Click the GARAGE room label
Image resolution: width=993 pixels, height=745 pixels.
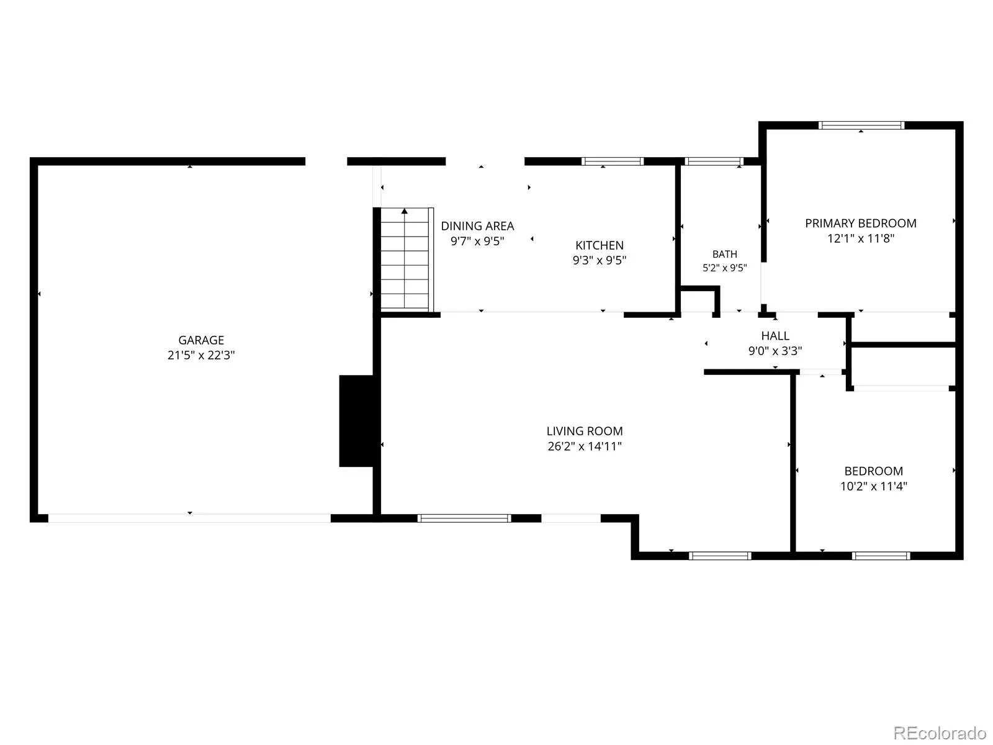pyautogui.click(x=201, y=340)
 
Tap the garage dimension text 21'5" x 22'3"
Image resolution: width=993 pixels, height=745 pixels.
pyautogui.click(x=201, y=355)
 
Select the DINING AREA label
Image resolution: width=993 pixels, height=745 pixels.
pyautogui.click(x=477, y=226)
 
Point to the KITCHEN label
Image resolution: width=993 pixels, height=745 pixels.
pyautogui.click(x=599, y=245)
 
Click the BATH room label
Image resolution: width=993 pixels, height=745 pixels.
pyautogui.click(x=724, y=254)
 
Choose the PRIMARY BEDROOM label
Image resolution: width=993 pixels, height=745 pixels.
pyautogui.click(x=860, y=223)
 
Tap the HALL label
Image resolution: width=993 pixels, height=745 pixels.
pyautogui.click(x=775, y=336)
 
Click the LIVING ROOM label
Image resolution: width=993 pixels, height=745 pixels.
pyautogui.click(x=585, y=431)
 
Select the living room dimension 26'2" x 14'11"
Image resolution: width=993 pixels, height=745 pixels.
pyautogui.click(x=585, y=446)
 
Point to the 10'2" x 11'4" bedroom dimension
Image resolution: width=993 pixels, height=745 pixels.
pyautogui.click(x=874, y=486)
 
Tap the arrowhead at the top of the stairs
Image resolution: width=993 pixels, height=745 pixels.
pyautogui.click(x=405, y=211)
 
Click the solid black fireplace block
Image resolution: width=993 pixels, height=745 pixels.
pyautogui.click(x=356, y=421)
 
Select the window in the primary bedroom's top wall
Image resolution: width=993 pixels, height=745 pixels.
pyautogui.click(x=861, y=125)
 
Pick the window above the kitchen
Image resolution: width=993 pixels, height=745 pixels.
pyautogui.click(x=612, y=161)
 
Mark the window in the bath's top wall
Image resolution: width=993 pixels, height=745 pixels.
pyautogui.click(x=714, y=161)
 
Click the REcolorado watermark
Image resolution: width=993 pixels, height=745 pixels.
pyautogui.click(x=940, y=733)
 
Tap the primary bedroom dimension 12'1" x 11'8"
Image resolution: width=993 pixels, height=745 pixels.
pyautogui.click(x=860, y=238)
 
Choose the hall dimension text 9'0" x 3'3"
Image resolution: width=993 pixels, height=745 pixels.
pyautogui.click(x=775, y=351)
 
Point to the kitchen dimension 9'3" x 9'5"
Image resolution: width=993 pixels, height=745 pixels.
pyautogui.click(x=599, y=260)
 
